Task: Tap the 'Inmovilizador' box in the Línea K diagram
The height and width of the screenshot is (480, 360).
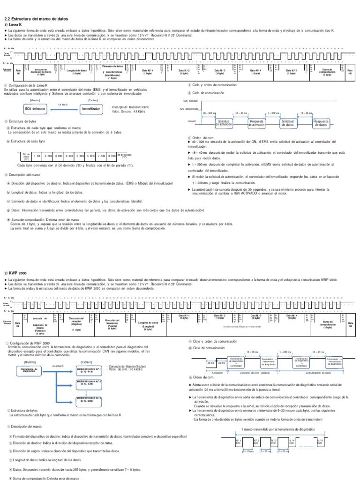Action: pyautogui.click(x=91, y=108)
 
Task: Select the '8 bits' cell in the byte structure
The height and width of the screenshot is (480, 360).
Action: pyautogui.click(x=112, y=156)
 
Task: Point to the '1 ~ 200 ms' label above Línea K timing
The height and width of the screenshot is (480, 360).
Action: pyautogui.click(x=273, y=113)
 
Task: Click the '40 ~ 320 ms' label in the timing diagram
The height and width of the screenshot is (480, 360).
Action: pyautogui.click(x=209, y=113)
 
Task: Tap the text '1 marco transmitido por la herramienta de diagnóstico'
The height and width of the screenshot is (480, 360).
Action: pyautogui.click(x=270, y=429)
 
